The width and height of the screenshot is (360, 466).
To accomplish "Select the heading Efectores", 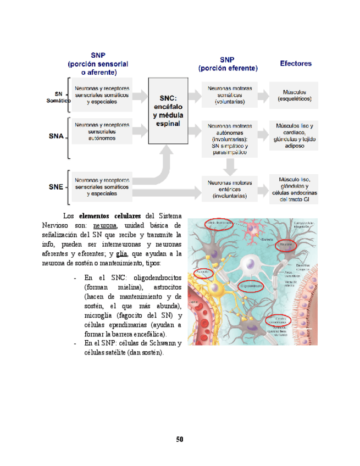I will pos(296,64).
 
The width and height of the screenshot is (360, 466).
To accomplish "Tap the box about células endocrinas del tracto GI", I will pos(295,189).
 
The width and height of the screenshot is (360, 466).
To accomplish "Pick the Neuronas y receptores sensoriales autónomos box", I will pos(102,131).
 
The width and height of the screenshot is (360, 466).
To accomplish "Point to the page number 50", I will pos(180,439).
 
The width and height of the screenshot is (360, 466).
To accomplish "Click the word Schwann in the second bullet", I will pos(157,343).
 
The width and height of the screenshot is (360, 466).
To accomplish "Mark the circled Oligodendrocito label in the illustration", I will pos(252,286).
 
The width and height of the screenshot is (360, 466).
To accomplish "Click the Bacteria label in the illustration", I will pos(268,240).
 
